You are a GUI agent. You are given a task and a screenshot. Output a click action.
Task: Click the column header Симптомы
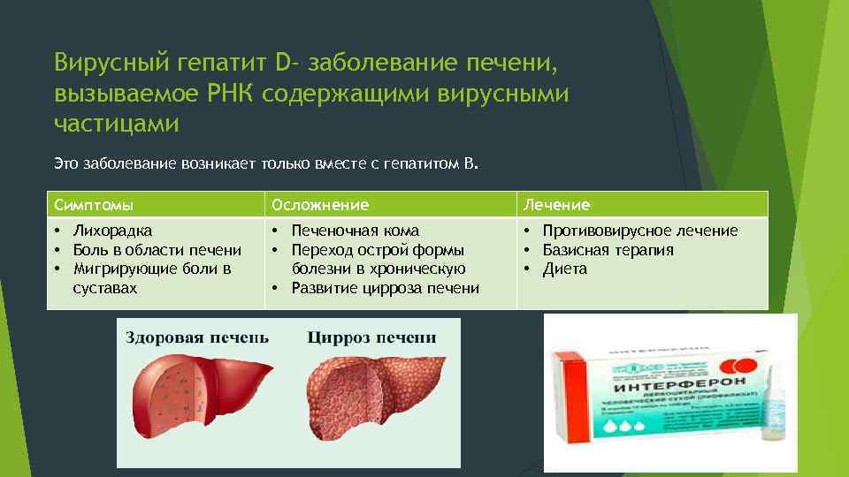click(93, 205)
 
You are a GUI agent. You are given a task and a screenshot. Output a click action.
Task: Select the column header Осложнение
click(320, 205)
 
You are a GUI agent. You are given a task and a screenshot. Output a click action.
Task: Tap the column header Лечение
click(556, 205)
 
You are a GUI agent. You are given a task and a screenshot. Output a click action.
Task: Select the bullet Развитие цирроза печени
click(386, 288)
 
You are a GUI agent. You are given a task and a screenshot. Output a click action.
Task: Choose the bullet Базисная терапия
click(608, 250)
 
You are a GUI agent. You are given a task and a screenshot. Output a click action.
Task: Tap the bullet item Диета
click(565, 269)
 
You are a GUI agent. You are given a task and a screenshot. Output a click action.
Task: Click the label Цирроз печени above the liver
click(371, 337)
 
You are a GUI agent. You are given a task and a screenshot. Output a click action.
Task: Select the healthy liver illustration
click(195, 393)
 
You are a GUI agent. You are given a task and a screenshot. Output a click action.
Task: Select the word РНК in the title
click(233, 93)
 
